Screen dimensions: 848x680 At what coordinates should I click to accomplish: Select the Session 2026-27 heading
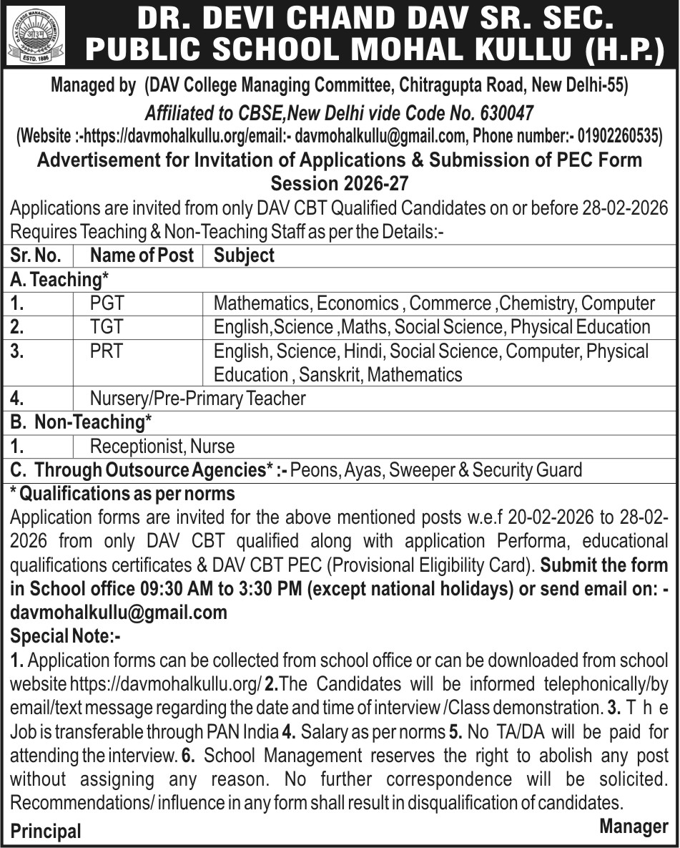340,182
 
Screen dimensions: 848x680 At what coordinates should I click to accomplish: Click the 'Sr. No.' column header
36,255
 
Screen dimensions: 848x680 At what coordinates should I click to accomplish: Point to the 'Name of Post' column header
142,255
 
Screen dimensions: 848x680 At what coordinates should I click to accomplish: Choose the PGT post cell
107,303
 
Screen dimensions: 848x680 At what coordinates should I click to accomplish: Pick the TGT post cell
107,327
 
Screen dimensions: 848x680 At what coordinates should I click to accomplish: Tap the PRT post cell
107,351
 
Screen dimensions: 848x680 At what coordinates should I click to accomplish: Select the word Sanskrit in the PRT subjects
330,374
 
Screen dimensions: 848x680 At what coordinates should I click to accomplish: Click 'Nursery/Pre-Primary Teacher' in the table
198,398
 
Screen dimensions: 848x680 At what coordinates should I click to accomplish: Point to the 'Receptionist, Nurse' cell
162,447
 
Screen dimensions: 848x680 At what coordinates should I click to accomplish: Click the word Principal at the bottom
46,832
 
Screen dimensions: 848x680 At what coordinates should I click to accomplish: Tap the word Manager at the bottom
633,827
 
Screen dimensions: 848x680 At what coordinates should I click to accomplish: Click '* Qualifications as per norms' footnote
122,494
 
